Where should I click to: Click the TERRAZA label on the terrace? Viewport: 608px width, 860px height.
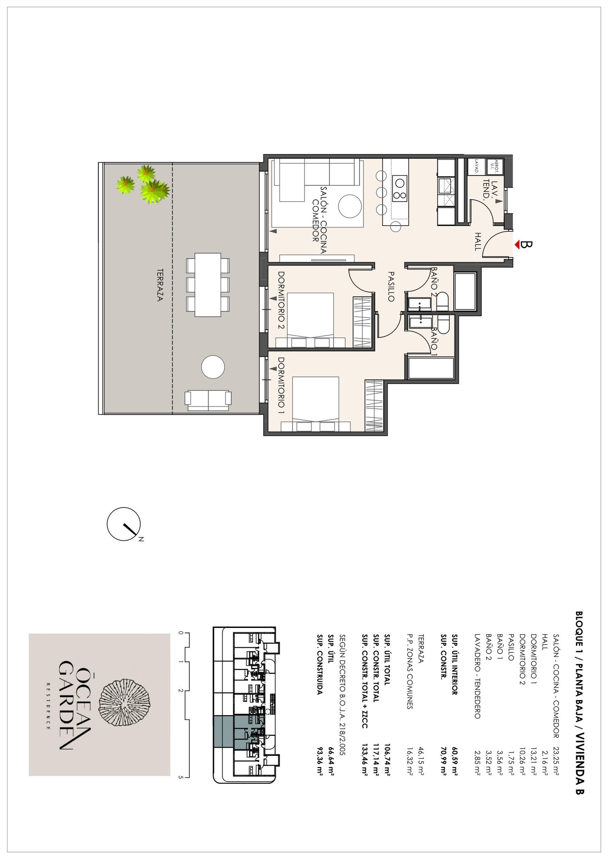(x=160, y=285)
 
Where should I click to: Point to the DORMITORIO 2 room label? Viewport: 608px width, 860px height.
(x=281, y=300)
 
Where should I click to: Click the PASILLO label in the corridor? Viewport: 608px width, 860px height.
(x=391, y=286)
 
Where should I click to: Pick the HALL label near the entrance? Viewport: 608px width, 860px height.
(x=478, y=242)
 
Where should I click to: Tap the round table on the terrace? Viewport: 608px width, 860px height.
(x=213, y=367)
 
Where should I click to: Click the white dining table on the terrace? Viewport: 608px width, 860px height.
(x=208, y=285)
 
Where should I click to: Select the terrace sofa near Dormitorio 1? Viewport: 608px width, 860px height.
(x=208, y=400)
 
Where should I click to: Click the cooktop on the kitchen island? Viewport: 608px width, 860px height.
(x=399, y=188)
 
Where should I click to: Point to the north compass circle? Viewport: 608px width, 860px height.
(x=124, y=524)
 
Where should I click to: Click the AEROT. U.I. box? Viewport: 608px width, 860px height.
(x=495, y=166)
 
